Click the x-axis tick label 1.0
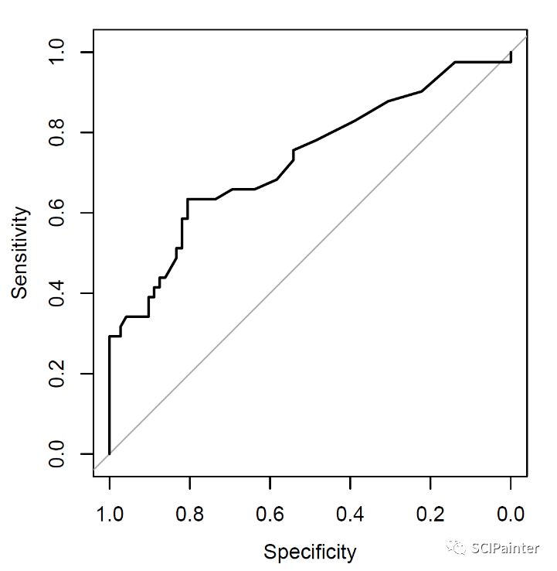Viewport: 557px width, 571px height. (x=110, y=513)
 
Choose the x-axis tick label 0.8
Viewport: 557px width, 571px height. (x=190, y=513)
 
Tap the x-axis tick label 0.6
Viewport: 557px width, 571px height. (x=270, y=513)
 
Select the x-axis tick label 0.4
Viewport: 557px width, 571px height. (x=350, y=513)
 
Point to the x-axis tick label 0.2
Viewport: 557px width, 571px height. (x=430, y=513)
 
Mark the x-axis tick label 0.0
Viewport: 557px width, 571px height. (x=511, y=513)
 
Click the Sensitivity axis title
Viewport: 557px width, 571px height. (x=21, y=252)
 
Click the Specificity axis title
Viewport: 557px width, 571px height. (x=310, y=552)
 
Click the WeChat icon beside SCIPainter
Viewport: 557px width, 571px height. (x=459, y=549)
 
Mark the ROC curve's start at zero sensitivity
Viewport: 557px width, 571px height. (x=110, y=454)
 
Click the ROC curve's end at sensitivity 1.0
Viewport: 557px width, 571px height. (x=511, y=53)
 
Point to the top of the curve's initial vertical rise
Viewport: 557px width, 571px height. (x=110, y=337)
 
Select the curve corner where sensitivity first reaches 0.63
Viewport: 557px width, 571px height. (x=188, y=200)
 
